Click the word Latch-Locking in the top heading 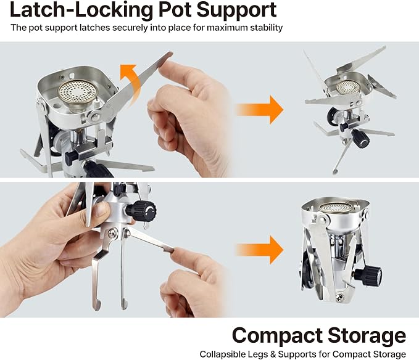tap(81, 10)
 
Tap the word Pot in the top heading tap(174, 10)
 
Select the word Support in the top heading tap(236, 10)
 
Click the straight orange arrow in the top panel tap(259, 109)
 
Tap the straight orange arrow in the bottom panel tap(259, 250)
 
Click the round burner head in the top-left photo tap(78, 91)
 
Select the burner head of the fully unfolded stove tap(347, 87)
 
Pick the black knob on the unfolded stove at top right tap(360, 138)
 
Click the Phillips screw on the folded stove tap(339, 297)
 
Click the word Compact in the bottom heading tap(277, 336)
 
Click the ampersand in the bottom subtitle tap(273, 354)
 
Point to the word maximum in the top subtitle tap(227, 28)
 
